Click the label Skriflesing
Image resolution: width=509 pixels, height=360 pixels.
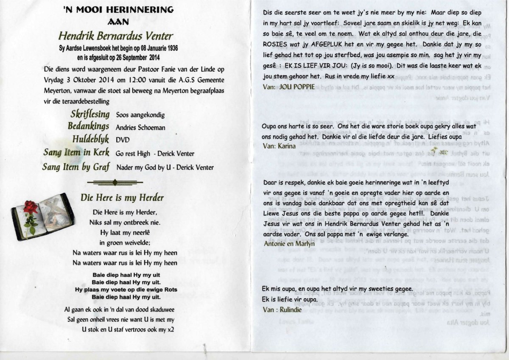click(x=89, y=114)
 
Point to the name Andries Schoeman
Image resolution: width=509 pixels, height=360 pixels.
click(x=140, y=127)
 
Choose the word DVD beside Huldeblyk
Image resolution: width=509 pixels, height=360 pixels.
click(x=123, y=140)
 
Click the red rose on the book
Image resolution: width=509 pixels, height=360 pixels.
click(x=30, y=208)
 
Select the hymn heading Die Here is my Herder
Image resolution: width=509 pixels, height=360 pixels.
click(x=122, y=197)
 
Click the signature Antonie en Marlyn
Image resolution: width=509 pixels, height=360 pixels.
click(x=289, y=244)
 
